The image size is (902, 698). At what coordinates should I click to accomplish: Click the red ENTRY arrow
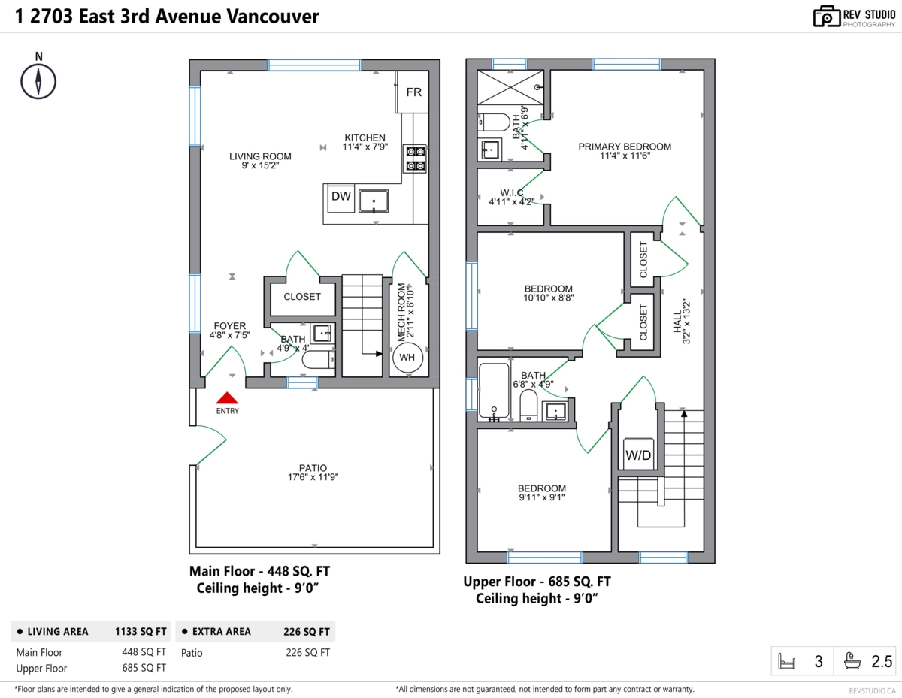tap(227, 399)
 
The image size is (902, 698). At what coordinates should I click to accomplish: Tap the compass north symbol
tap(38, 79)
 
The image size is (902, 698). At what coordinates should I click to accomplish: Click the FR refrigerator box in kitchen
tap(413, 92)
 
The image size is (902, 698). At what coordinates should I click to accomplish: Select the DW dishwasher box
tap(341, 196)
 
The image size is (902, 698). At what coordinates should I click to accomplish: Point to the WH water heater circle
tap(407, 358)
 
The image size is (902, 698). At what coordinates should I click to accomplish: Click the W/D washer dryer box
tap(637, 455)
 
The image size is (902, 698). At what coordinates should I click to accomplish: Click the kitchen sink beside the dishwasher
tap(374, 202)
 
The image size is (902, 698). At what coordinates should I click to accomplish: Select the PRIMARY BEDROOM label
tap(624, 147)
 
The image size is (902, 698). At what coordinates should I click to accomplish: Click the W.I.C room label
tap(511, 193)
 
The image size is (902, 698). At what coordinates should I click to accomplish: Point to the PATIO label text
tap(312, 467)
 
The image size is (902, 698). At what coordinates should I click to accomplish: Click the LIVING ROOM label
tap(260, 156)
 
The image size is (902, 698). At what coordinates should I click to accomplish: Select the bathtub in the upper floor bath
tap(495, 391)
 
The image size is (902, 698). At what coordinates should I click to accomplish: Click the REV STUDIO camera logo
tap(826, 16)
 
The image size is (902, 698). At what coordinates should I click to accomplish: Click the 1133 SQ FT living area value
tap(141, 631)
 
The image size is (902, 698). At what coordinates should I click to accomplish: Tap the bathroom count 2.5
tap(882, 662)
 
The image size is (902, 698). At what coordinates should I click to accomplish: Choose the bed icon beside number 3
tap(787, 662)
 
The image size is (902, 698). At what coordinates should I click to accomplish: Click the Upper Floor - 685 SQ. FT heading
tap(537, 582)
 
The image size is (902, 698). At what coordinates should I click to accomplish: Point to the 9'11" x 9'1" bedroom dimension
tap(541, 497)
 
